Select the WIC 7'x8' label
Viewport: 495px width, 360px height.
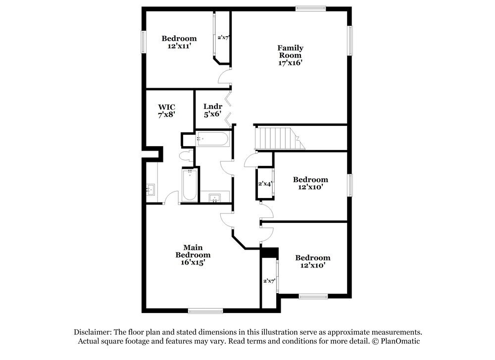pos(167,110)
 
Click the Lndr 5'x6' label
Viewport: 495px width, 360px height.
pos(213,110)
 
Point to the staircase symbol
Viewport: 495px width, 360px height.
pos(279,138)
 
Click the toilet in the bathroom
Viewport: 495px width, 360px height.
pos(187,156)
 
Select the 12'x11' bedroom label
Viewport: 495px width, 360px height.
pos(179,42)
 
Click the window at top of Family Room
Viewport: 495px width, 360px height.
pos(310,8)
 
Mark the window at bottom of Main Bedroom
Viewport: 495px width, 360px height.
pos(205,311)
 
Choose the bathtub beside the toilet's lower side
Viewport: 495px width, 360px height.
pos(190,185)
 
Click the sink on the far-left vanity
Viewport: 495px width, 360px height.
pos(150,189)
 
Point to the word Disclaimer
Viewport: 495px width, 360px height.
pos(93,332)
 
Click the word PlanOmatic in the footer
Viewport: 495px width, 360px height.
pos(400,342)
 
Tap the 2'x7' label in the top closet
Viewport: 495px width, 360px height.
pos(223,37)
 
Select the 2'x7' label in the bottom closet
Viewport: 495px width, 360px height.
pos(269,281)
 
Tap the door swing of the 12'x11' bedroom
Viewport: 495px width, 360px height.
pos(224,77)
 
